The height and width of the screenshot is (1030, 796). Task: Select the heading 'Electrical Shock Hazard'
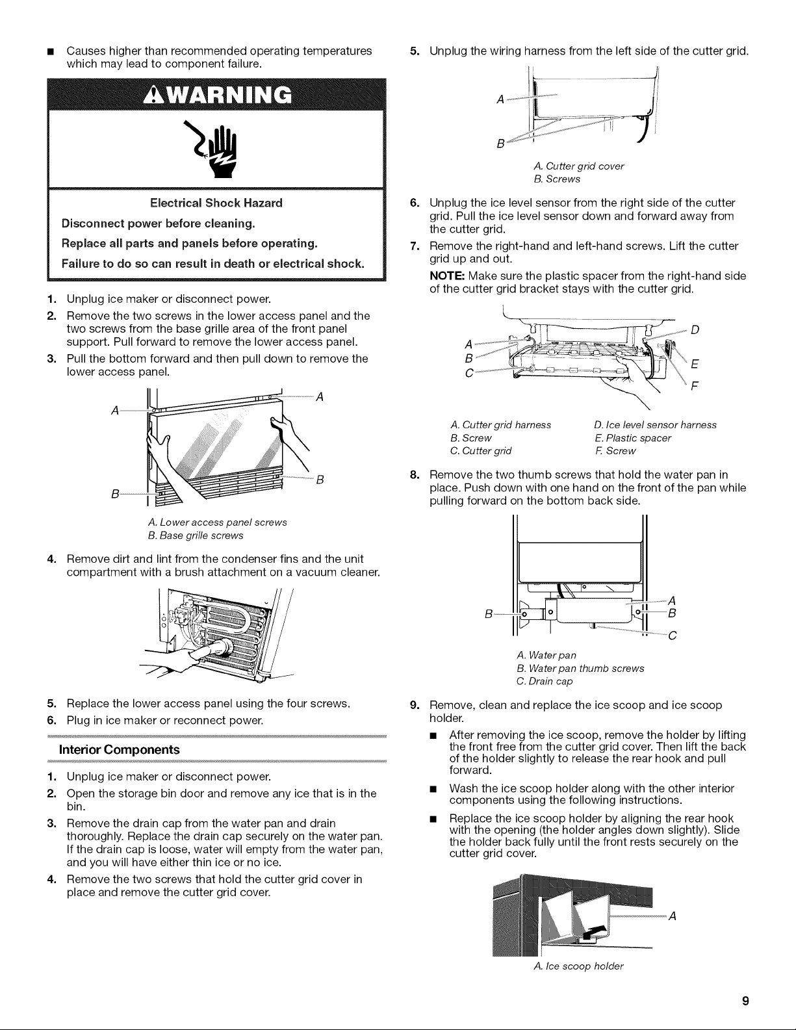point(216,203)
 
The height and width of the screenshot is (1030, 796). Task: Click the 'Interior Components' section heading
point(120,749)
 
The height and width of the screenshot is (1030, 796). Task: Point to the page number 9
point(745,1001)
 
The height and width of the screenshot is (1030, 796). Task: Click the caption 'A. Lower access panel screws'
point(218,522)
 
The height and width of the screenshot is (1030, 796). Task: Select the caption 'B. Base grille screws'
point(196,535)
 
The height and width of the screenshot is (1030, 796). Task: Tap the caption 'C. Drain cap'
point(545,681)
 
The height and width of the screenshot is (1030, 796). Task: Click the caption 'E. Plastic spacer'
point(633,438)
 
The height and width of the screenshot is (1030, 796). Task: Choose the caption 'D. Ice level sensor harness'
point(655,425)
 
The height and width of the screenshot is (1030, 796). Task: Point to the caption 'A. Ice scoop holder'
point(578,966)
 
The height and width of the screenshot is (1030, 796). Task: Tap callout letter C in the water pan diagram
point(672,636)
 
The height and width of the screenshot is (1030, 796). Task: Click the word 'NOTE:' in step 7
point(448,276)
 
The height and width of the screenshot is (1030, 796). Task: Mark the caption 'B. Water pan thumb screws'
point(580,668)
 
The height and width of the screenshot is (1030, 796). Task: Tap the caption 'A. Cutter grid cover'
point(578,166)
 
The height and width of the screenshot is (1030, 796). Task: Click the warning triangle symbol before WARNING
point(151,95)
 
